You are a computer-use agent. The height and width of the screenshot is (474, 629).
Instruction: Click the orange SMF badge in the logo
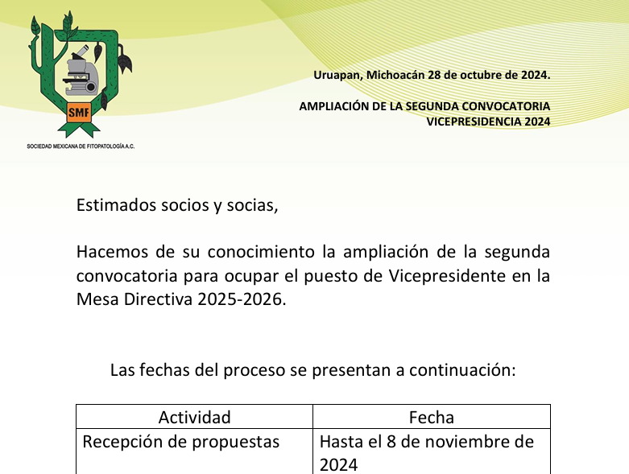click(x=79, y=112)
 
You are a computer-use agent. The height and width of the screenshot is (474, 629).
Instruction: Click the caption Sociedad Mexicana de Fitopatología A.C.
click(x=81, y=146)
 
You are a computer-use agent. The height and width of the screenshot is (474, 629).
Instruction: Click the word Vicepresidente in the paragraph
click(x=447, y=276)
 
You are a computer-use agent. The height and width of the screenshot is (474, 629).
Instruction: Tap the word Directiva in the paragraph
click(x=158, y=299)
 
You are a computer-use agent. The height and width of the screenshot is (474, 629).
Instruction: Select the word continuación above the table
click(x=462, y=370)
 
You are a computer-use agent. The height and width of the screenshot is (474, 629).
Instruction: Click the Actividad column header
click(x=195, y=418)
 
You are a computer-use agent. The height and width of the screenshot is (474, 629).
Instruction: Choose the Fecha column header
click(x=432, y=418)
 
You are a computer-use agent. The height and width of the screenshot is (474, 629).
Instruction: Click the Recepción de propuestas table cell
click(x=181, y=442)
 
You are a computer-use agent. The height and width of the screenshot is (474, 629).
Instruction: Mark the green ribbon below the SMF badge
click(x=79, y=129)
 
